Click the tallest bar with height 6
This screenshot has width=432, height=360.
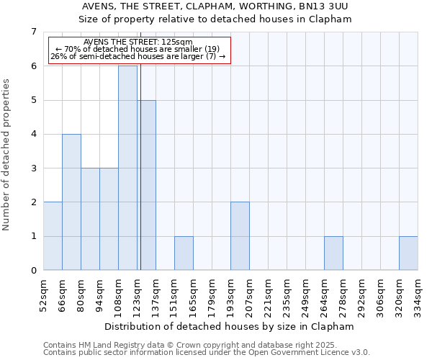click(x=127, y=168)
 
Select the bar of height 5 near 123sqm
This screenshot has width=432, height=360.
click(x=146, y=185)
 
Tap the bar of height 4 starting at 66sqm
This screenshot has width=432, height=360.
click(x=71, y=202)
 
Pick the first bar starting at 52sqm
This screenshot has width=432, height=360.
click(x=53, y=236)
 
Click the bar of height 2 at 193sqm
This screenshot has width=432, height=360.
click(x=240, y=236)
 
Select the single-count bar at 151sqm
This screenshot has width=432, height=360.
click(x=184, y=253)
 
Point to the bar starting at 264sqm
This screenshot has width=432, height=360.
click(x=333, y=253)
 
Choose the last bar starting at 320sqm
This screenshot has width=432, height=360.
click(x=408, y=253)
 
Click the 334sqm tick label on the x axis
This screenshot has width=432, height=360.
click(x=418, y=294)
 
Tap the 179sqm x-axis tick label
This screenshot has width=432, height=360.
click(x=212, y=294)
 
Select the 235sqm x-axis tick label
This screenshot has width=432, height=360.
click(x=287, y=294)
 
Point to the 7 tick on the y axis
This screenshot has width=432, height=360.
click(x=33, y=32)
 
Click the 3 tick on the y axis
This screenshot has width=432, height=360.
click(x=33, y=168)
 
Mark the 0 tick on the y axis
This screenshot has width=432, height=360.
click(x=33, y=271)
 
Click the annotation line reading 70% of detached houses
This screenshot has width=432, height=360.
click(x=139, y=49)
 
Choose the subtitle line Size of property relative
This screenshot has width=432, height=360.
click(x=215, y=19)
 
